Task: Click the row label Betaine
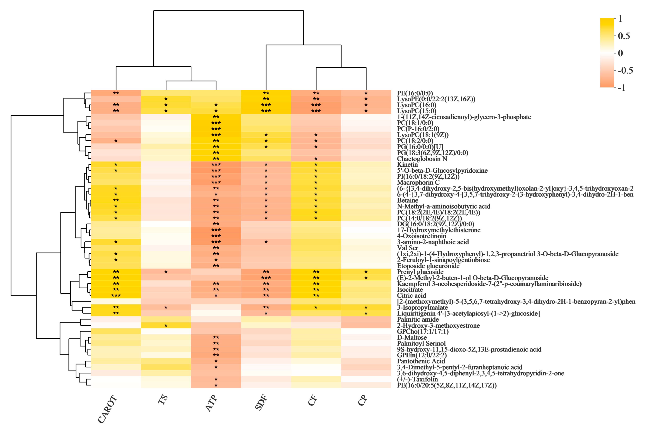coord(407,200)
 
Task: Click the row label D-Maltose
coord(412,337)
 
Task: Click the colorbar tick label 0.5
coord(624,36)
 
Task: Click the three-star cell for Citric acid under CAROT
coord(116,296)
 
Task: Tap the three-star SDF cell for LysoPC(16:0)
coord(266,105)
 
